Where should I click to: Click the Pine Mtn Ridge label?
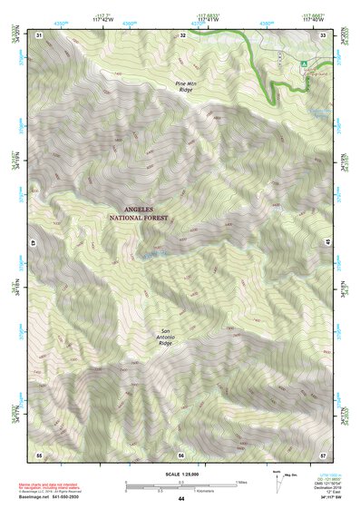coord(184,87)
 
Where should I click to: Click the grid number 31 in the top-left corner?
coord(39,34)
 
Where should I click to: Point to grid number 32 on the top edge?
coord(182,34)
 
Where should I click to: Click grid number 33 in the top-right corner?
coord(323,34)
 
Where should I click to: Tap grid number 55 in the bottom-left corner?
coord(39,454)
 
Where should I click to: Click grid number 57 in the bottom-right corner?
coord(323,454)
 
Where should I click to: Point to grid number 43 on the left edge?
coord(34,243)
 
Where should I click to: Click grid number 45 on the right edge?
coord(327,243)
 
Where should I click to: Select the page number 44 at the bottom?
coord(180,499)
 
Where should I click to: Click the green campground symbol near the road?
coord(305,63)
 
